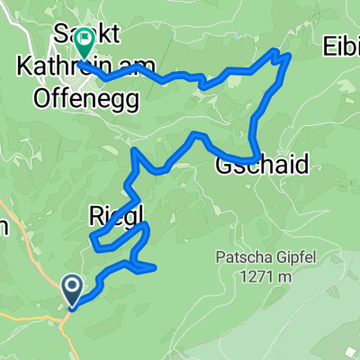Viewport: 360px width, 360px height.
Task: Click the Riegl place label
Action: tap(118, 213)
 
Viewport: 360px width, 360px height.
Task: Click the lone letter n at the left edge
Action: tap(4, 228)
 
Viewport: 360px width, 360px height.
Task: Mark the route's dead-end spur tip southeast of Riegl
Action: tap(155, 267)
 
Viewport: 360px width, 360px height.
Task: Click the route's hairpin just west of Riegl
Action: tap(93, 238)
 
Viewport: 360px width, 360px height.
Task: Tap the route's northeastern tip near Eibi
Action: tap(288, 55)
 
